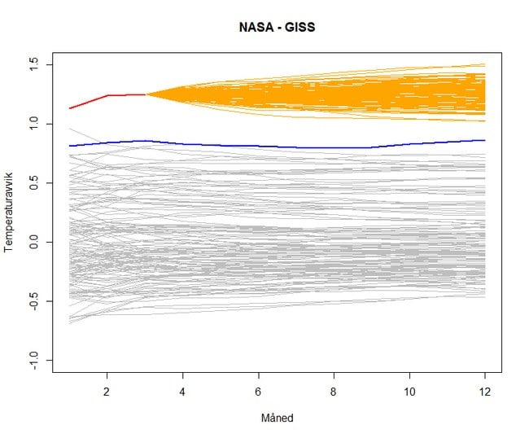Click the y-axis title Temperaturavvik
point(11,213)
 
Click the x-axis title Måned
point(277,418)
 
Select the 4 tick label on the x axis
point(183,389)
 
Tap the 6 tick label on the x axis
point(259,389)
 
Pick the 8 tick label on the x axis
point(334,389)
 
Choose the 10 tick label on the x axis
point(409,389)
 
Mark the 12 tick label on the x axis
point(485,389)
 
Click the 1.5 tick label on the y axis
point(36,64)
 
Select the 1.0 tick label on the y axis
point(36,124)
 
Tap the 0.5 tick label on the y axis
point(36,182)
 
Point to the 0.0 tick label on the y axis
point(36,242)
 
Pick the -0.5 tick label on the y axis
point(36,301)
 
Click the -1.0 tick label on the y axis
point(36,361)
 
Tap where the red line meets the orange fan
point(146,94)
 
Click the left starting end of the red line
point(70,108)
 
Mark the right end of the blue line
point(485,141)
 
